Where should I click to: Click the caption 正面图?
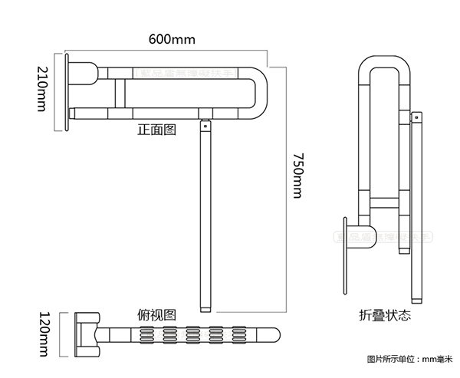coord(156,130)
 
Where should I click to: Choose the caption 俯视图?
coord(156,314)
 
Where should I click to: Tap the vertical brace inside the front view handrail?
coord(119,93)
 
